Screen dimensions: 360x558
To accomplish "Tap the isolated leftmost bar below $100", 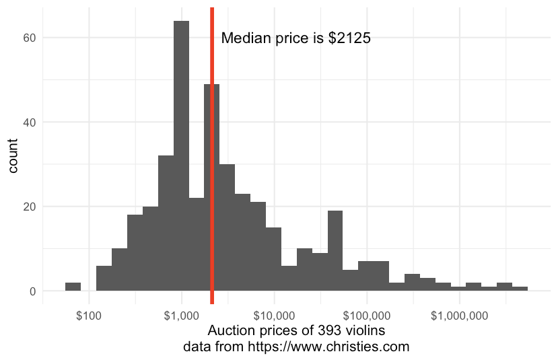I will [73, 287].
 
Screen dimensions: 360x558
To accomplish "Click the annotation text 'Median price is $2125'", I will [296, 38].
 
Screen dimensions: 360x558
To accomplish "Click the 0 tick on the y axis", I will [31, 291].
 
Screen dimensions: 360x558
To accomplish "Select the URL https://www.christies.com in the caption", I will [329, 348].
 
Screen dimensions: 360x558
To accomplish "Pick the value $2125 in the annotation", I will [349, 38].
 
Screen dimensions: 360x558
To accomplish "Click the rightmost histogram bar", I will [520, 289].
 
